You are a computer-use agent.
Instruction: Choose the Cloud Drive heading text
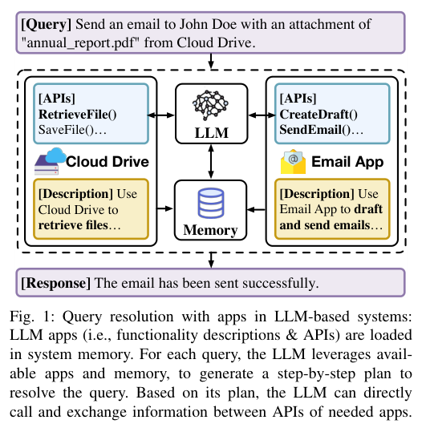[108, 161]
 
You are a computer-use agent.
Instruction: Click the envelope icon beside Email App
[294, 162]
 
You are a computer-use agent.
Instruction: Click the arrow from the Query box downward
[210, 62]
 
